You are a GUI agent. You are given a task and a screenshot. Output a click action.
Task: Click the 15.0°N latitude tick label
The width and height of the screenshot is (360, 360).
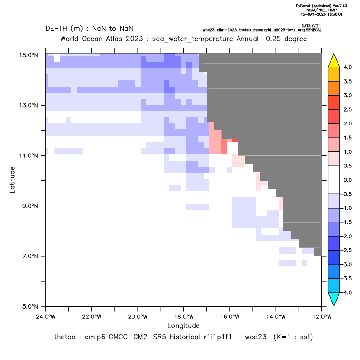29,55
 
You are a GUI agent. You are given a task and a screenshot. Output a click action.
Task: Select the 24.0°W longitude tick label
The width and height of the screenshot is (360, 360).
46,317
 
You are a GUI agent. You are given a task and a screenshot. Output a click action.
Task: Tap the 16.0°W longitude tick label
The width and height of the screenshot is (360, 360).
230,317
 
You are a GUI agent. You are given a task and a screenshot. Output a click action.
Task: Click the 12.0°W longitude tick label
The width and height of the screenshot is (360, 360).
322,317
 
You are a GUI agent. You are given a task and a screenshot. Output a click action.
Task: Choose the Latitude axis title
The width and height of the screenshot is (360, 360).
12,180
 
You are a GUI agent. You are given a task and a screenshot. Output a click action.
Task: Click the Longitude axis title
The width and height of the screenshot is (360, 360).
183,325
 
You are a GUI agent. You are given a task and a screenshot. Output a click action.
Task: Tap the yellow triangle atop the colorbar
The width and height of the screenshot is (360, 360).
334,61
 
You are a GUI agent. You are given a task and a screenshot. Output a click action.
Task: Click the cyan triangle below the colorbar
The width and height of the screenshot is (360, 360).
334,299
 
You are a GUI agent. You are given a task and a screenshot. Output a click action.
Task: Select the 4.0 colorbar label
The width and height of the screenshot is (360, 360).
347,67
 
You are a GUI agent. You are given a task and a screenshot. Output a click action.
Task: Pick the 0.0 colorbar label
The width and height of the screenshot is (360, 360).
347,180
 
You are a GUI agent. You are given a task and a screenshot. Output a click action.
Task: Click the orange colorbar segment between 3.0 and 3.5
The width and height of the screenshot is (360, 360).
334,88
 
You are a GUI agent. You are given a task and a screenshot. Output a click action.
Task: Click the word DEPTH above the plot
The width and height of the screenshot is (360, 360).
56,29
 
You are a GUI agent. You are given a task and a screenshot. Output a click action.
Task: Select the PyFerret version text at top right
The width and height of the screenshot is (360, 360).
321,6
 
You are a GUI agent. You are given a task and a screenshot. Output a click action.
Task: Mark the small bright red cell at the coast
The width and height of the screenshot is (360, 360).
235,140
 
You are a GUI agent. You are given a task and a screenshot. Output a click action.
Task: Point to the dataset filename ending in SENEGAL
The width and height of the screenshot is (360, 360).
262,30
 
